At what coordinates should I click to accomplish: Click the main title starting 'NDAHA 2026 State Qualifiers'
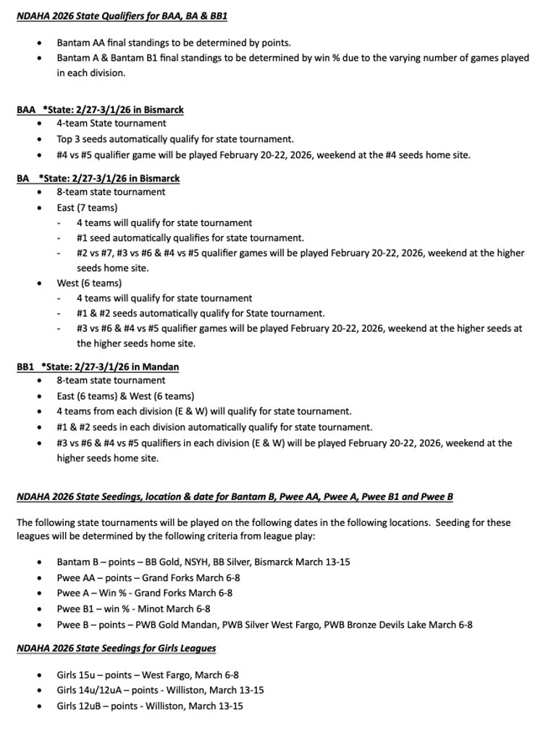tap(122, 14)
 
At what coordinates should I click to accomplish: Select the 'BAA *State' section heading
tap(100, 110)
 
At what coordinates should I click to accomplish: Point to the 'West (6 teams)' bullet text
tap(89, 283)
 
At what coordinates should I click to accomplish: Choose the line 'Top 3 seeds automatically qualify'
tap(175, 139)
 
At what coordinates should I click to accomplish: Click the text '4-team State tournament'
tap(111, 124)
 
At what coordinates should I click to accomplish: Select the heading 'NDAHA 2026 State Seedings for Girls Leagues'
tap(116, 648)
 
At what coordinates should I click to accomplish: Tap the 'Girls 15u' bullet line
tap(148, 675)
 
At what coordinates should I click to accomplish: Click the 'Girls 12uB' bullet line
tap(150, 705)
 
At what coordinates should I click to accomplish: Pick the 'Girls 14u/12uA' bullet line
tap(160, 690)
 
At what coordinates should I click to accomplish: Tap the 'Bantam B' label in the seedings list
tap(79, 562)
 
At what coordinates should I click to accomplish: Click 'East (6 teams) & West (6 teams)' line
tap(125, 396)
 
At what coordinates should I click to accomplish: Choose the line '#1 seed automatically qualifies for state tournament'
tap(190, 238)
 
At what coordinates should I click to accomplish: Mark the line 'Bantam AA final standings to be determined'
tap(174, 43)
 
